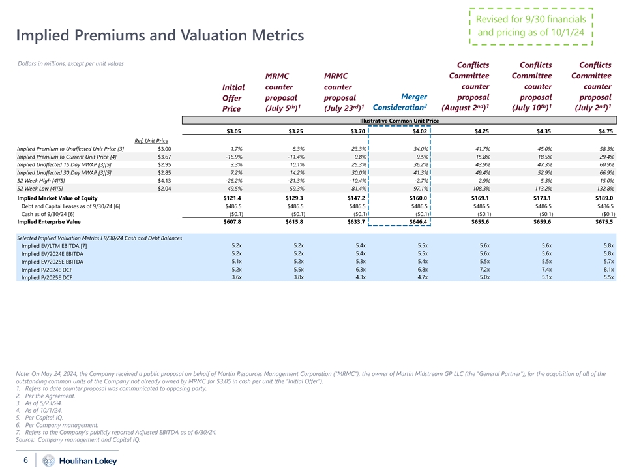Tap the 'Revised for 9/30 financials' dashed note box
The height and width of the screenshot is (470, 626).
[530, 25]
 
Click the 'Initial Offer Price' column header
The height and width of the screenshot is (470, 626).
[233, 98]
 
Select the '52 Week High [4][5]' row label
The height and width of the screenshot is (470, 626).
[40, 180]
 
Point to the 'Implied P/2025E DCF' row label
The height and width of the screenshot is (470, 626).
[46, 277]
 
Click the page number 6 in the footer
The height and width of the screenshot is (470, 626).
[25, 460]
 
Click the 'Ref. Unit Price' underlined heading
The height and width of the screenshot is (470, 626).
[151, 141]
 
